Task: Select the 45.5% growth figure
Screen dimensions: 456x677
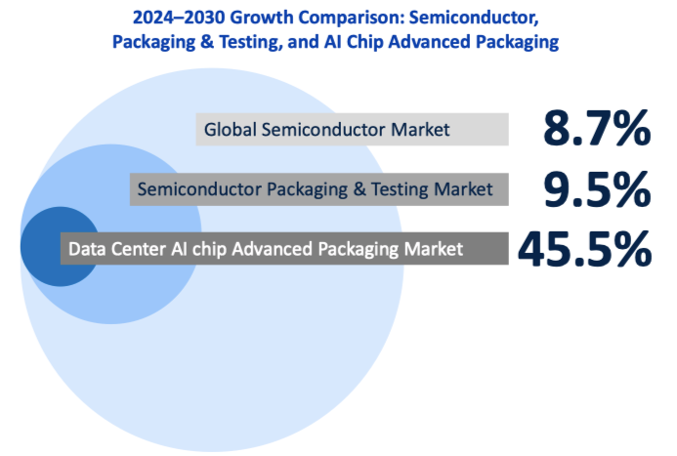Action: point(584,249)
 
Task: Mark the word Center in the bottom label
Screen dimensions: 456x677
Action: point(141,249)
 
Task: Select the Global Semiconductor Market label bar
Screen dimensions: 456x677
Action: point(352,129)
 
